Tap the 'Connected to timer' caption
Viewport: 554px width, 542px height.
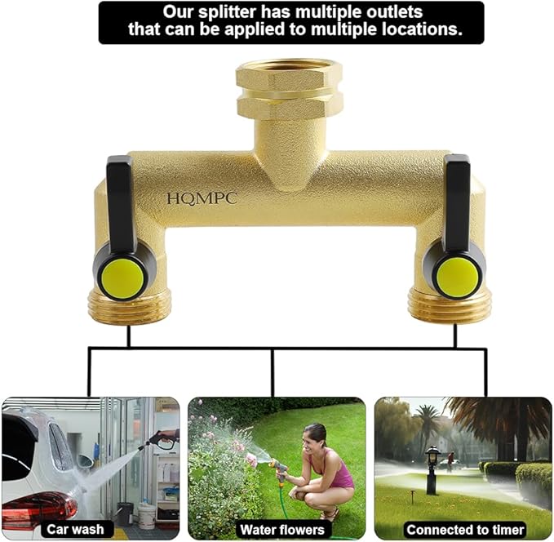tap(465, 529)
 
